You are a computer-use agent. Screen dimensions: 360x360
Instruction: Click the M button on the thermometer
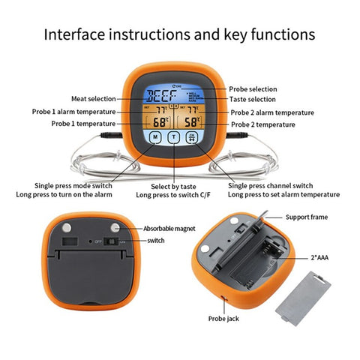(155, 138)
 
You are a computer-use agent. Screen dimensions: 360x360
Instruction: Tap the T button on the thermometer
(173, 138)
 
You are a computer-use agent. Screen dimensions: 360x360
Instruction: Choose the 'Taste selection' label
(251, 100)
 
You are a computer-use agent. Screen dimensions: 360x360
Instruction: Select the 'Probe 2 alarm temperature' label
(273, 112)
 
